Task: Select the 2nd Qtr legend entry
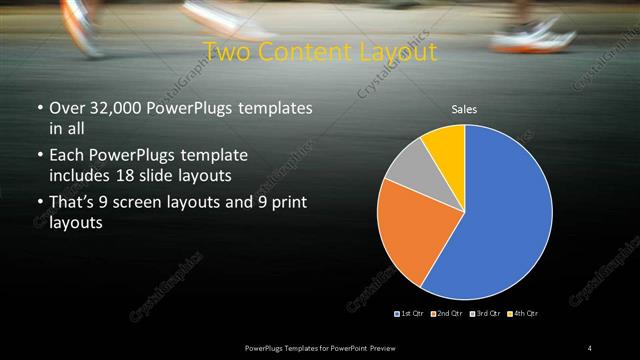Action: click(447, 314)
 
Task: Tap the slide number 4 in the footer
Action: click(590, 347)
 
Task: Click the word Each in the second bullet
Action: click(66, 156)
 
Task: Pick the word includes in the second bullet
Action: click(83, 175)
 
